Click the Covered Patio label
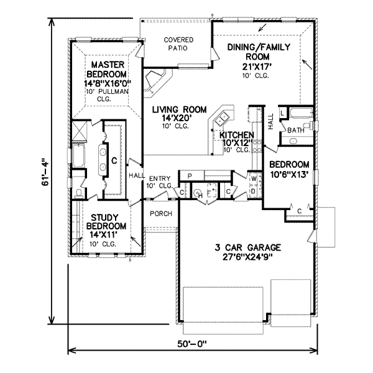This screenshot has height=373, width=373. (178, 44)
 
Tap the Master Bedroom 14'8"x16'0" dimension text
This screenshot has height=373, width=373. (108, 84)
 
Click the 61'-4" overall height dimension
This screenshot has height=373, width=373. (45, 172)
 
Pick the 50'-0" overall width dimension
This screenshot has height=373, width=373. (192, 344)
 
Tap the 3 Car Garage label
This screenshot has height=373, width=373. (247, 247)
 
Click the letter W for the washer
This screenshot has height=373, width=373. (254, 178)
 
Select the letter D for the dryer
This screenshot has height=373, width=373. (254, 191)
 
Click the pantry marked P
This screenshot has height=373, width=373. (190, 176)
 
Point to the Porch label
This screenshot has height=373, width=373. (161, 214)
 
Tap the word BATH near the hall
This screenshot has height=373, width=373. (296, 131)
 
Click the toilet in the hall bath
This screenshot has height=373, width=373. (308, 126)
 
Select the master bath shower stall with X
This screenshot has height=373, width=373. (79, 131)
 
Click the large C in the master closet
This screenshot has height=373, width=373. (114, 160)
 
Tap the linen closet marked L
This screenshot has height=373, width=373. (283, 113)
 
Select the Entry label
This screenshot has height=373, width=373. (160, 178)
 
